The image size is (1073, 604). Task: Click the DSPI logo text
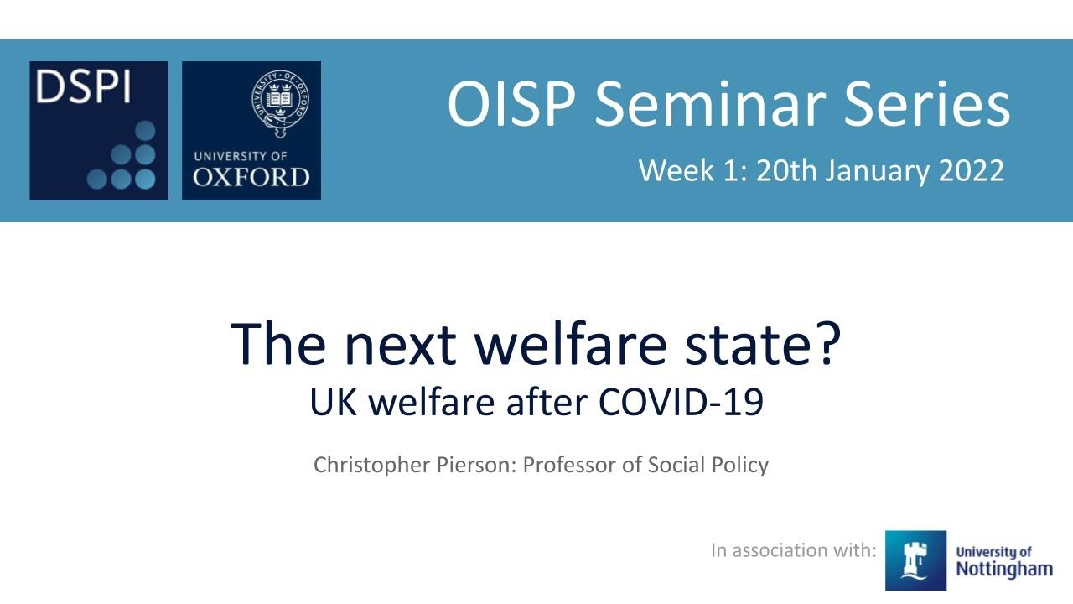point(83,87)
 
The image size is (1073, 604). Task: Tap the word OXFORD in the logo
point(251,177)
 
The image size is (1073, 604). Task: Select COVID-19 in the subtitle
point(681,404)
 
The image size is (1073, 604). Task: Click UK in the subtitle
point(334,404)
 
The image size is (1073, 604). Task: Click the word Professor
point(568,465)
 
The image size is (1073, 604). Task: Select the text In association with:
point(793,550)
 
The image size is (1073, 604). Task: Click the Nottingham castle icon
point(915,560)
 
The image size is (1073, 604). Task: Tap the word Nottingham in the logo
point(1003,570)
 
